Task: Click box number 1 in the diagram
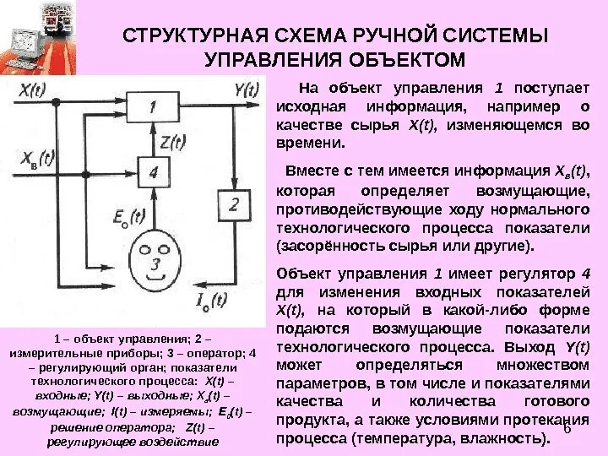tap(153, 107)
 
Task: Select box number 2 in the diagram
tap(234, 205)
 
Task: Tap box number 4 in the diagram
tap(153, 172)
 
